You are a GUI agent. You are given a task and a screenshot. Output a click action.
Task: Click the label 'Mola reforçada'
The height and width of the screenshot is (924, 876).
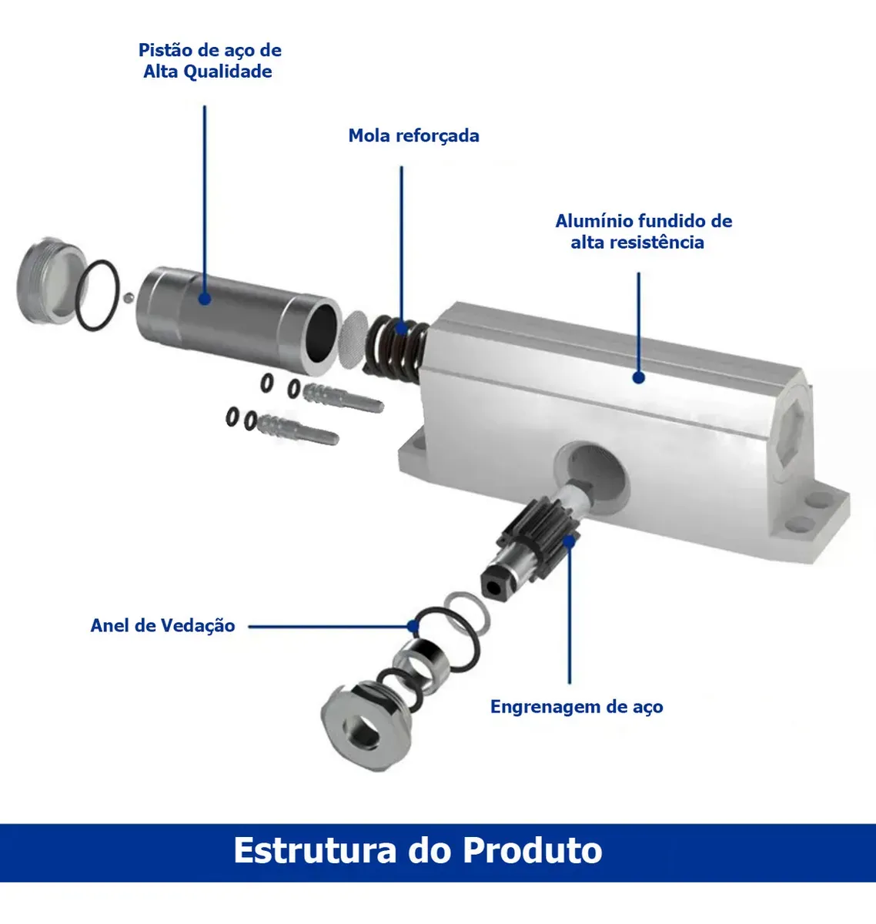(413, 136)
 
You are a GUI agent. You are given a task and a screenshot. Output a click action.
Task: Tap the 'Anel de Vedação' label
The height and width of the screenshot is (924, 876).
(162, 625)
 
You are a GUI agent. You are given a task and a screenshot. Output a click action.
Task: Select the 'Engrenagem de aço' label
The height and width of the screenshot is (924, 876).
(577, 707)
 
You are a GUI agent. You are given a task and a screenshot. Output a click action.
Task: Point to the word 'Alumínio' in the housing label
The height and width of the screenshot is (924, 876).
(593, 221)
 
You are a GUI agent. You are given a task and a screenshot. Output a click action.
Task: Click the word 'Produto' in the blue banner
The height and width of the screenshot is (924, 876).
(533, 850)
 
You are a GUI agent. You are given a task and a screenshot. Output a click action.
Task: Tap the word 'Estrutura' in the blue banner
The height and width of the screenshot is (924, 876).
(315, 850)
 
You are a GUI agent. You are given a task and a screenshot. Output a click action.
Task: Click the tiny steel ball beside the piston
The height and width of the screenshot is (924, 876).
(128, 297)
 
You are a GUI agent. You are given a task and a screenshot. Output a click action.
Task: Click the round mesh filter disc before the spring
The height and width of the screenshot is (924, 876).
(353, 340)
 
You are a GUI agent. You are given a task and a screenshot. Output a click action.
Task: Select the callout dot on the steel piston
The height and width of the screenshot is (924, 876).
(205, 298)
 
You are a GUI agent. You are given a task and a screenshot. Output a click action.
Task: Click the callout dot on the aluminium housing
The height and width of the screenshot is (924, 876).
(638, 377)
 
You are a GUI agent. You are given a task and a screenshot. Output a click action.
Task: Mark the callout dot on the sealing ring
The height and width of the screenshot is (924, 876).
(413, 626)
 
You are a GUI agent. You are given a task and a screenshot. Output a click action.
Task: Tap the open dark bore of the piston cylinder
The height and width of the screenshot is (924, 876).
(322, 333)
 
